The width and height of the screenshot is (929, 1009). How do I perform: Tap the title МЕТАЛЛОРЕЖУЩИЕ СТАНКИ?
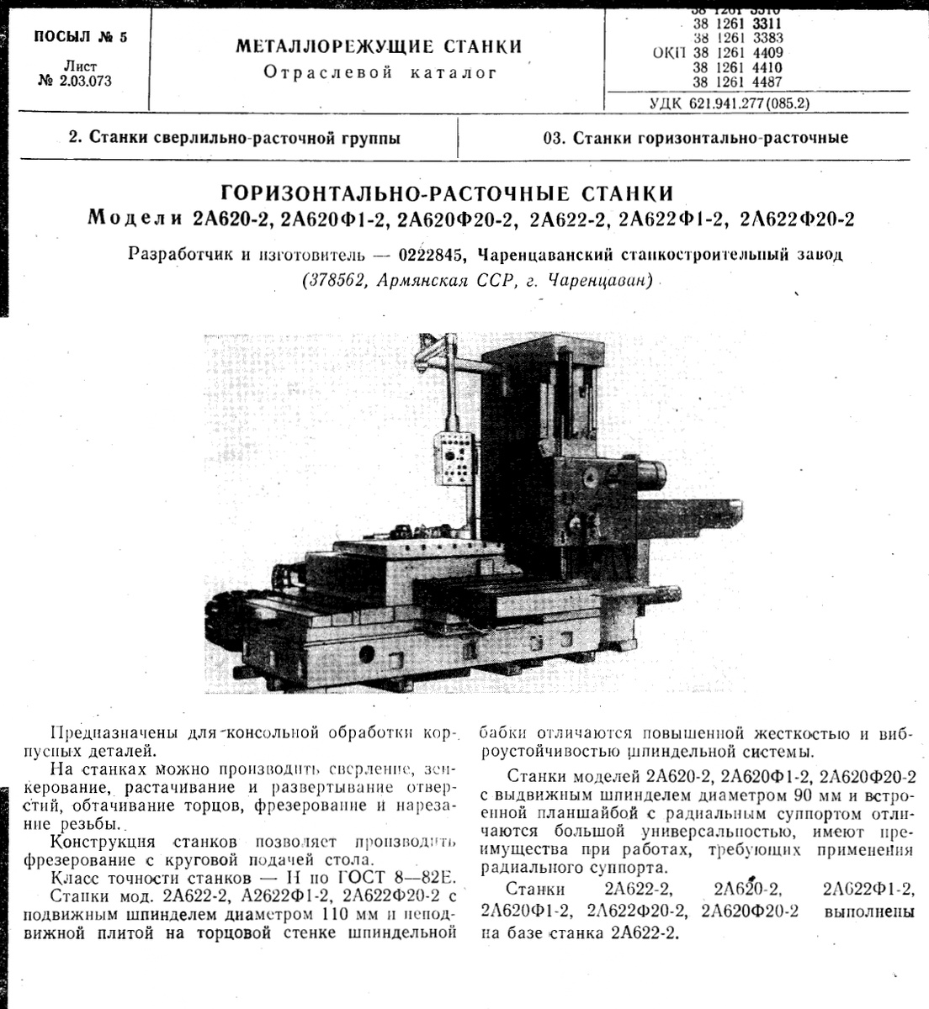(379, 46)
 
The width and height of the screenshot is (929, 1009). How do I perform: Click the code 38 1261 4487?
(737, 82)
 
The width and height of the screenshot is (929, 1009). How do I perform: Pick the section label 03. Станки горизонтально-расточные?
(695, 138)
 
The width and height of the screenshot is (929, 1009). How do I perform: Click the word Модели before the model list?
(136, 219)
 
